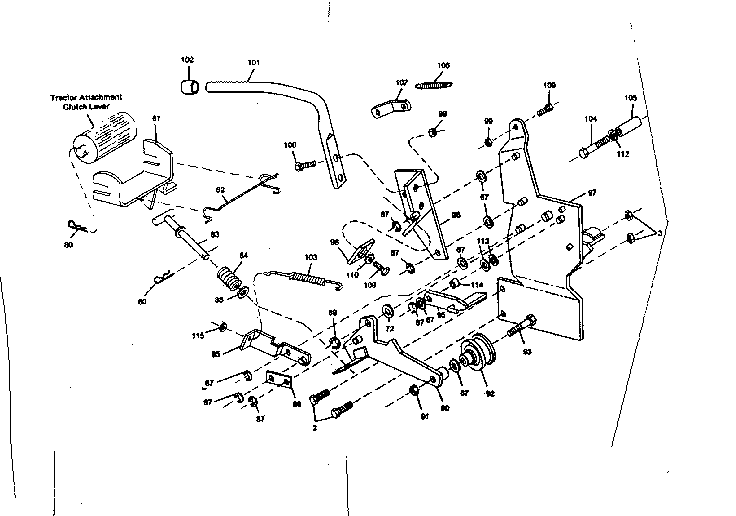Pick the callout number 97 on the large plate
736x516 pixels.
[x=591, y=192]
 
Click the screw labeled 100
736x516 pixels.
[x=305, y=163]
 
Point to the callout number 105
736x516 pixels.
[x=630, y=98]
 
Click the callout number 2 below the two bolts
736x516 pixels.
[x=315, y=427]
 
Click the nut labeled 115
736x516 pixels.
[x=224, y=327]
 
